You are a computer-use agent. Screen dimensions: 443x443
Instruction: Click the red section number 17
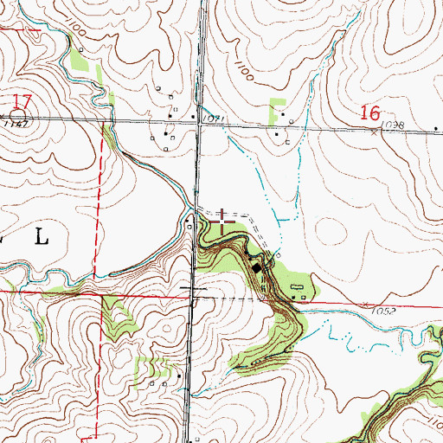(x=22, y=103)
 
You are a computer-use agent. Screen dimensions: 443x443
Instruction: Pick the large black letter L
(x=41, y=236)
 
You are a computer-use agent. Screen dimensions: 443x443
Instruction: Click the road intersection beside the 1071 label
(x=199, y=125)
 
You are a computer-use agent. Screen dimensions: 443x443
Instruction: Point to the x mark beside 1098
(x=374, y=132)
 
